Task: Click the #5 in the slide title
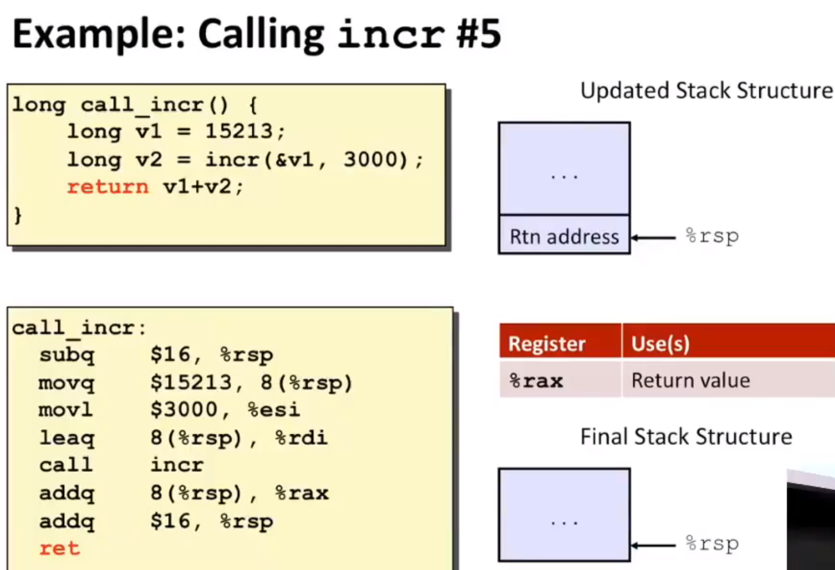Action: click(x=478, y=33)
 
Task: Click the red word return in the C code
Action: click(x=108, y=187)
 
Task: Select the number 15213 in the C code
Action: click(x=239, y=131)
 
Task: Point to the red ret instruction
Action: click(x=60, y=548)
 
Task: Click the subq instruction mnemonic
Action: click(x=67, y=355)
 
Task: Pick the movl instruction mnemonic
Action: click(x=65, y=410)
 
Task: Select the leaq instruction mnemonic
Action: click(x=67, y=438)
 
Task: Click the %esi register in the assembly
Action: click(x=274, y=410)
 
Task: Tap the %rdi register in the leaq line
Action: click(x=301, y=438)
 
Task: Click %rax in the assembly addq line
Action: click(x=302, y=493)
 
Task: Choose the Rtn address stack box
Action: click(x=564, y=235)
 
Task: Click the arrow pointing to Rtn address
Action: click(x=653, y=237)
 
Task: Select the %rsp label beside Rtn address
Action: click(x=712, y=237)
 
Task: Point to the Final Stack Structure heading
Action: click(x=686, y=437)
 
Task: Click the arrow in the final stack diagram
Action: click(x=653, y=546)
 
